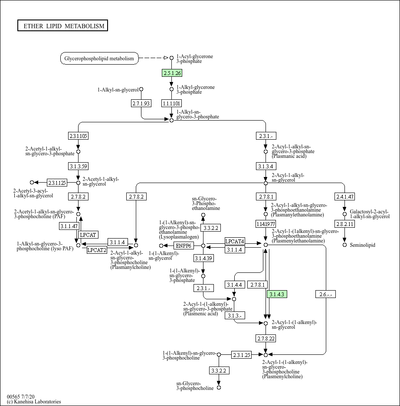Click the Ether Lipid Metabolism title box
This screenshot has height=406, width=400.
pyautogui.click(x=62, y=26)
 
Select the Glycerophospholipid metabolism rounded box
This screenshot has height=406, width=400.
pyautogui.click(x=99, y=58)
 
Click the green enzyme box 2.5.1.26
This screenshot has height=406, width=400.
pyautogui.click(x=171, y=73)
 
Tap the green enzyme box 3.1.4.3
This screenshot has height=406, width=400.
pyautogui.click(x=277, y=295)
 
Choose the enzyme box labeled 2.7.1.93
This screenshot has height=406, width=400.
pyautogui.click(x=141, y=103)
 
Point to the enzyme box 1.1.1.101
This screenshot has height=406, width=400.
pyautogui.click(x=171, y=103)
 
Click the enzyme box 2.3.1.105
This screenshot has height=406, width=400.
pyautogui.click(x=78, y=136)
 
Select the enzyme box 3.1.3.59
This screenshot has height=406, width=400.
pyautogui.click(x=78, y=166)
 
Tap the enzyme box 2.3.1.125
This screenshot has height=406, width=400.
pyautogui.click(x=57, y=183)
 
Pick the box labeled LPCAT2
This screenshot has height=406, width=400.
pyautogui.click(x=97, y=250)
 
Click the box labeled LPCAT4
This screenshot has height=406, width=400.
pyautogui.click(x=235, y=241)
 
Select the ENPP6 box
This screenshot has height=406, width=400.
pyautogui.click(x=184, y=246)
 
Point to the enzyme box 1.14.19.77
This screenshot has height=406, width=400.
pyautogui.click(x=266, y=224)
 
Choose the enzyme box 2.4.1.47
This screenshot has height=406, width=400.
pyautogui.click(x=344, y=196)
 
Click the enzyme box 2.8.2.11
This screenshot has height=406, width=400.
pyautogui.click(x=344, y=224)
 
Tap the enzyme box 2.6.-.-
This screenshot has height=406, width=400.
pyautogui.click(x=325, y=295)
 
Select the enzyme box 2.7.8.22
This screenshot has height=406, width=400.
pyautogui.click(x=266, y=338)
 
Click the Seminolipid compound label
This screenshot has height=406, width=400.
pyautogui.click(x=362, y=245)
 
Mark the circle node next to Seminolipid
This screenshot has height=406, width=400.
pyautogui.click(x=344, y=245)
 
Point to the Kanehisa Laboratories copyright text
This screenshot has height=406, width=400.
pyautogui.click(x=34, y=402)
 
